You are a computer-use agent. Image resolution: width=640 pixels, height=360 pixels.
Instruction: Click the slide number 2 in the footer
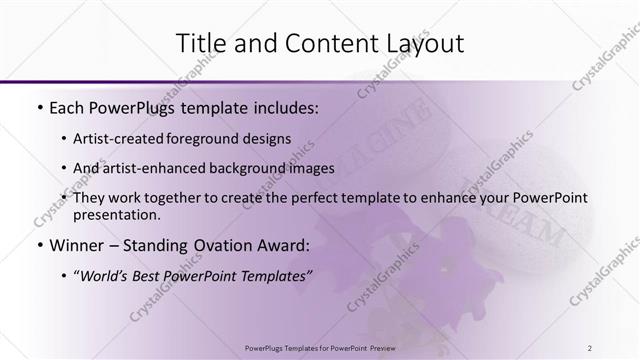click(591, 348)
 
